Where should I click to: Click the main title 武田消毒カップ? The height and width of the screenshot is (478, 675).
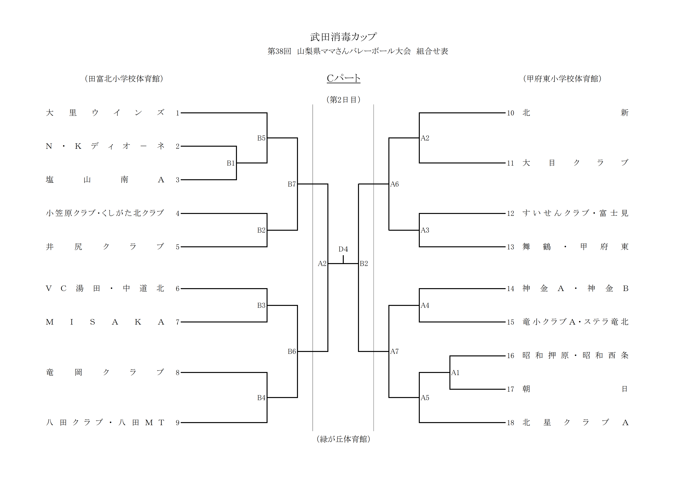click(x=343, y=37)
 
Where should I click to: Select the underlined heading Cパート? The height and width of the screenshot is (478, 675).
click(x=343, y=78)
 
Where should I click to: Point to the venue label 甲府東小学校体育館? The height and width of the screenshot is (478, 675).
click(x=562, y=79)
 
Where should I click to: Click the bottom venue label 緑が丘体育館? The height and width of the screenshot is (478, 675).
click(x=343, y=439)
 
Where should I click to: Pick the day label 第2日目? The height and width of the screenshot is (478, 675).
click(x=343, y=100)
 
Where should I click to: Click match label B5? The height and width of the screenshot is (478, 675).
click(x=261, y=138)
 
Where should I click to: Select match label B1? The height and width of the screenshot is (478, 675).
click(x=231, y=163)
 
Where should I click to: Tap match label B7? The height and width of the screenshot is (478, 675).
click(x=292, y=184)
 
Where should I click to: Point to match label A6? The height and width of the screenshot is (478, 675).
click(x=395, y=184)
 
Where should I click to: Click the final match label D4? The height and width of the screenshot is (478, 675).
click(x=343, y=249)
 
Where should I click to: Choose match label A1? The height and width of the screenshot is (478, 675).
click(x=455, y=373)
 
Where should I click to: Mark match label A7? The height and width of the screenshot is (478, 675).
click(x=395, y=351)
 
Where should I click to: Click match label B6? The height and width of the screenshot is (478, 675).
click(x=292, y=351)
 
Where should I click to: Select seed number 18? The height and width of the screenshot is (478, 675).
click(x=510, y=423)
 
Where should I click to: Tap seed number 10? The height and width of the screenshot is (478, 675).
click(x=510, y=113)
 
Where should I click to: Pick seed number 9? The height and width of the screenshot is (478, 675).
click(x=178, y=423)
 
